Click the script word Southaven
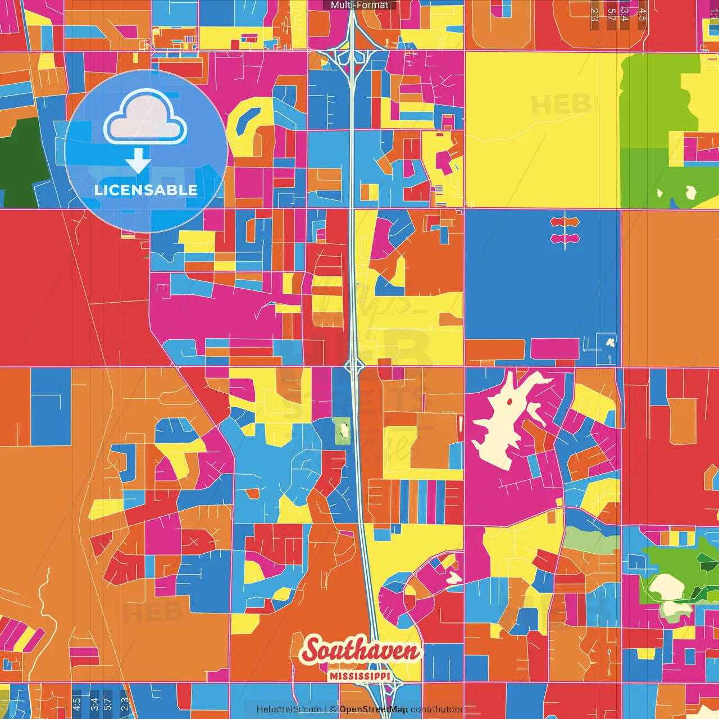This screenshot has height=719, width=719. (x=360, y=651)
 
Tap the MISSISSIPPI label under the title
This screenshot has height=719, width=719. (x=359, y=676)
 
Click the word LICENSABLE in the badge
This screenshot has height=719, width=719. (x=146, y=190)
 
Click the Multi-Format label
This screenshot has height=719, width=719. (x=359, y=5)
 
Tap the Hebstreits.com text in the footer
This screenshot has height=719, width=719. (x=289, y=709)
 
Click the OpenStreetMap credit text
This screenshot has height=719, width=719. (x=373, y=709)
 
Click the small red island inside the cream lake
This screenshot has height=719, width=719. (x=509, y=401)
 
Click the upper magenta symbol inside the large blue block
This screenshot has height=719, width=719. (x=565, y=222)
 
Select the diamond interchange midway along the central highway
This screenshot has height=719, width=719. (x=354, y=366)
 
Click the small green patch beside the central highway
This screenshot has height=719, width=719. (x=342, y=431)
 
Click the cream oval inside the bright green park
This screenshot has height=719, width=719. (x=666, y=587)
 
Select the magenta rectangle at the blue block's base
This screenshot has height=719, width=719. (x=554, y=348)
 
